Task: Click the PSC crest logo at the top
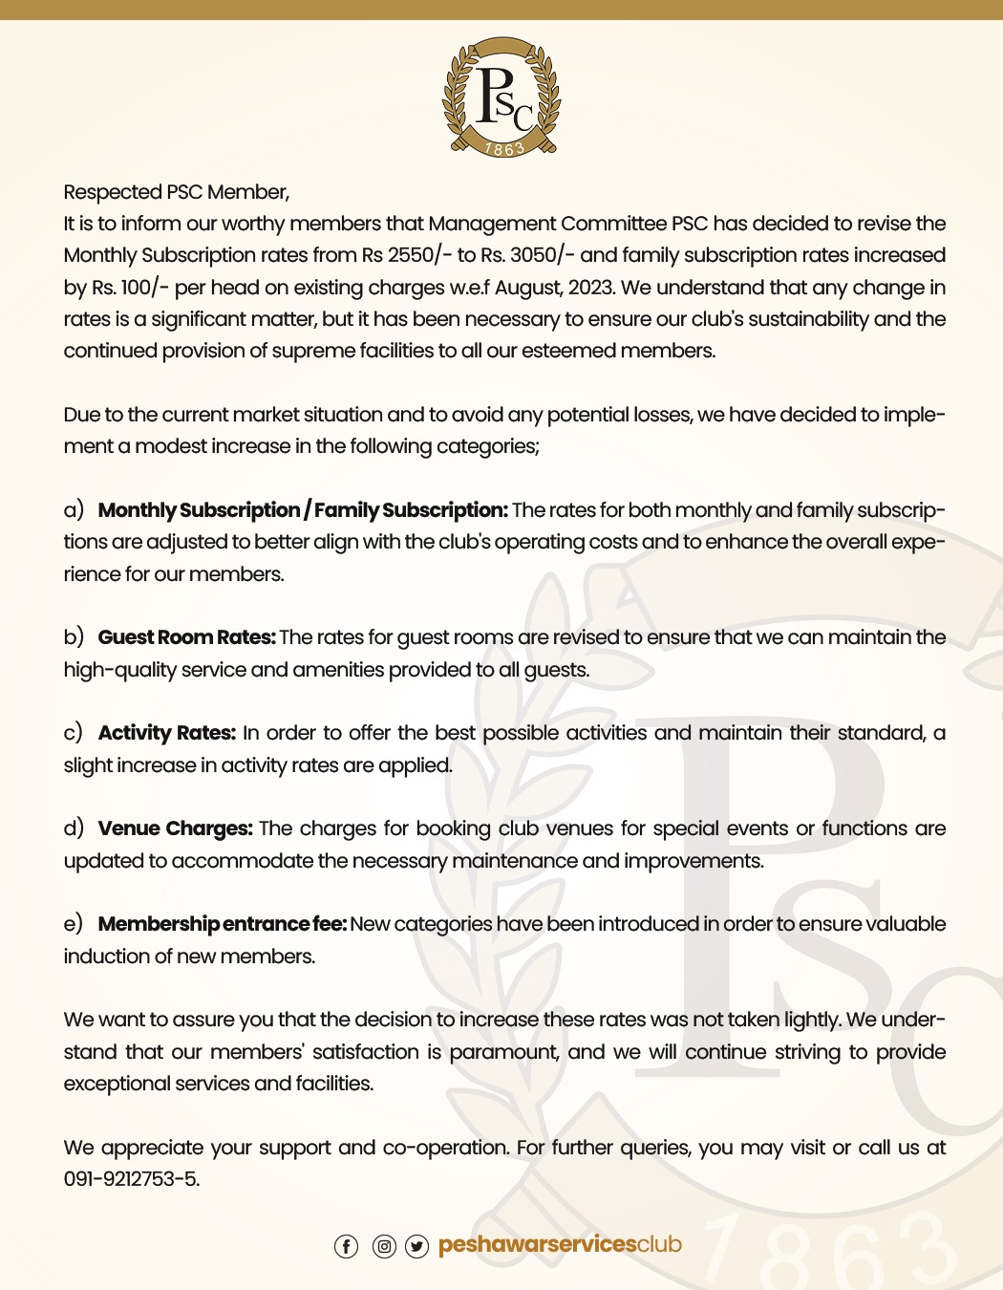point(501,97)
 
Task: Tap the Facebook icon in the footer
point(346,1246)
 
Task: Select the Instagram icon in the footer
point(384,1246)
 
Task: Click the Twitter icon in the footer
point(417,1246)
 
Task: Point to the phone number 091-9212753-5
point(132,1179)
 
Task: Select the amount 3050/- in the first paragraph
point(542,255)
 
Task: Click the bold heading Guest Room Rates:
point(186,637)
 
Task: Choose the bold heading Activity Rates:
point(166,733)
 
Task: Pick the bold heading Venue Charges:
point(175,828)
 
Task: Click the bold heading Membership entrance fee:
point(222,924)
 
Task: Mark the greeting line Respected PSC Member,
point(177,192)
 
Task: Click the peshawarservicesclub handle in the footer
point(560,1244)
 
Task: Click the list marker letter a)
point(74,510)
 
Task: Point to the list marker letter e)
point(74,924)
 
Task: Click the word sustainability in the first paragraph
point(808,319)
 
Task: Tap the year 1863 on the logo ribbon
point(504,148)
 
